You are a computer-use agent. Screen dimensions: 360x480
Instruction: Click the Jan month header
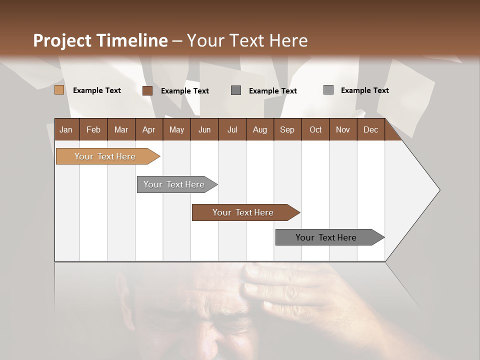pos(66,129)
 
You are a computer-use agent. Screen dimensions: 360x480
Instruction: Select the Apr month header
pos(148,129)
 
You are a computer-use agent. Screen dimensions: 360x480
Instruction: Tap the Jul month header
pos(232,129)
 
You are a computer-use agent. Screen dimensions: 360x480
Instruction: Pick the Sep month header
pos(287,129)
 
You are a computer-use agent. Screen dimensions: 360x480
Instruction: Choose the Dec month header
pos(370,129)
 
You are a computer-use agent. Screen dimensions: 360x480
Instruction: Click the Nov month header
pos(342,129)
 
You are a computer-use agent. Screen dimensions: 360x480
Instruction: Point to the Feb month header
pos(93,129)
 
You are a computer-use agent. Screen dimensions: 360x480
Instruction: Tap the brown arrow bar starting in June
pos(243,212)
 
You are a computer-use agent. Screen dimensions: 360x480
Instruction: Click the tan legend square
pos(59,90)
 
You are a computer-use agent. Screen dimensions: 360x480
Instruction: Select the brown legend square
pos(147,90)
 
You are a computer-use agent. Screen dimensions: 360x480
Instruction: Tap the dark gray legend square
pos(236,90)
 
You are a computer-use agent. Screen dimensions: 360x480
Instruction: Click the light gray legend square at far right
pos(328,90)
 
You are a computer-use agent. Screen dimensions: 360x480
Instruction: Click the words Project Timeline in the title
pos(100,40)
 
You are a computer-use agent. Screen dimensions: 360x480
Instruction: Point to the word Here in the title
pos(288,40)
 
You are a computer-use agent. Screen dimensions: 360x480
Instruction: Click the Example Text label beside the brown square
pos(184,91)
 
